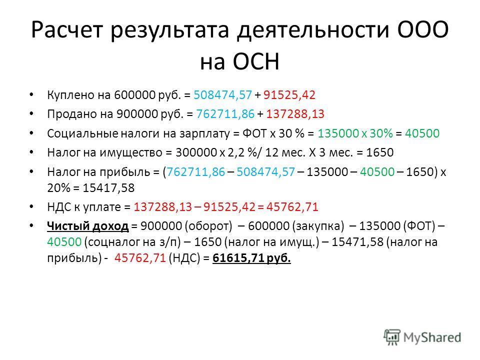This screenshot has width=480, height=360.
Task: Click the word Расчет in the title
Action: pyautogui.click(x=66, y=30)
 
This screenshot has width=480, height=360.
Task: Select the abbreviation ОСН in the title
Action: pyautogui.click(x=256, y=61)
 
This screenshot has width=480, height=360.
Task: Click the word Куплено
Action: pyautogui.click(x=70, y=95)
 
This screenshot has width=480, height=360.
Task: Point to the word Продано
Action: pyautogui.click(x=72, y=114)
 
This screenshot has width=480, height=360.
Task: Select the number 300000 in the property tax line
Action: pyautogui.click(x=196, y=152)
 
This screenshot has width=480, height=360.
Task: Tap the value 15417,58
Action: pyautogui.click(x=108, y=188)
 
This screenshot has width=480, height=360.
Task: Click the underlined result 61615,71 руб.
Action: pyautogui.click(x=251, y=258)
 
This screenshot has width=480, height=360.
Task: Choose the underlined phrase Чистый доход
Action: pyautogui.click(x=88, y=226)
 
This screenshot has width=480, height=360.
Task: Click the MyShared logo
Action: pyautogui.click(x=422, y=337)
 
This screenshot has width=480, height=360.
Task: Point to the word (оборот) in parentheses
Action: pyautogui.click(x=208, y=226)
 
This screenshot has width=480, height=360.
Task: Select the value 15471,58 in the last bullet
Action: pyautogui.click(x=357, y=242)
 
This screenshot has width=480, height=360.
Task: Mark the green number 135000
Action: pyautogui.click(x=338, y=133)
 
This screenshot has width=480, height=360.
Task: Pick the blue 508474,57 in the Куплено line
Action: pyautogui.click(x=222, y=95)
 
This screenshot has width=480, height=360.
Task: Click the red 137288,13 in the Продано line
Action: pyautogui.click(x=295, y=114)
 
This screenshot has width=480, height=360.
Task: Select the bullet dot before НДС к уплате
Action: pyautogui.click(x=31, y=207)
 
